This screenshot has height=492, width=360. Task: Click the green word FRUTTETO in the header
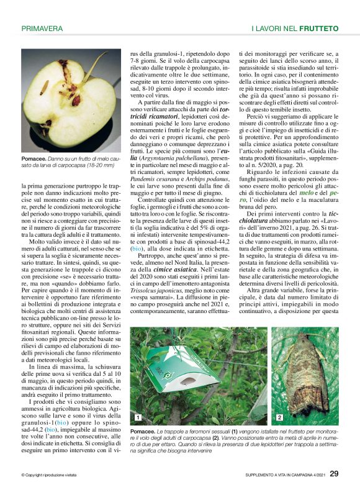318,29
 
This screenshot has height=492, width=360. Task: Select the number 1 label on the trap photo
137,417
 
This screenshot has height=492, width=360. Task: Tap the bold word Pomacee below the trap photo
142,430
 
